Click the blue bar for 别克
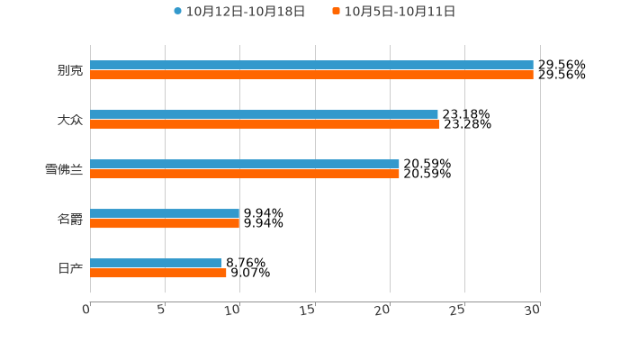pyautogui.click(x=311, y=66)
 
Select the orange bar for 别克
pyautogui.click(x=311, y=76)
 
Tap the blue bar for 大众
pyautogui.click(x=264, y=115)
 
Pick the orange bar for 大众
pyautogui.click(x=265, y=125)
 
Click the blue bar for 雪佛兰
pyautogui.click(x=245, y=165)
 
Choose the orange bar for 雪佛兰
pyautogui.click(x=245, y=175)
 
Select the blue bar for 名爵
pyautogui.click(x=165, y=214)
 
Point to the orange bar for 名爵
pyautogui.click(x=165, y=224)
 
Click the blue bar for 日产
pyautogui.click(x=156, y=264)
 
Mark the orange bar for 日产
pyautogui.click(x=158, y=274)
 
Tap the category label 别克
pyautogui.click(x=70, y=71)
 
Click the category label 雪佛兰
pyautogui.click(x=64, y=170)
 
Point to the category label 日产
pyautogui.click(x=70, y=269)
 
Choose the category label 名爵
pyautogui.click(x=70, y=220)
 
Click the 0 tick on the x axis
pyautogui.click(x=86, y=310)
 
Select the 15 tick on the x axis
pyautogui.click(x=310, y=310)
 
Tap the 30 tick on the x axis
pyautogui.click(x=533, y=310)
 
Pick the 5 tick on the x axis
pyautogui.click(x=161, y=310)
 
